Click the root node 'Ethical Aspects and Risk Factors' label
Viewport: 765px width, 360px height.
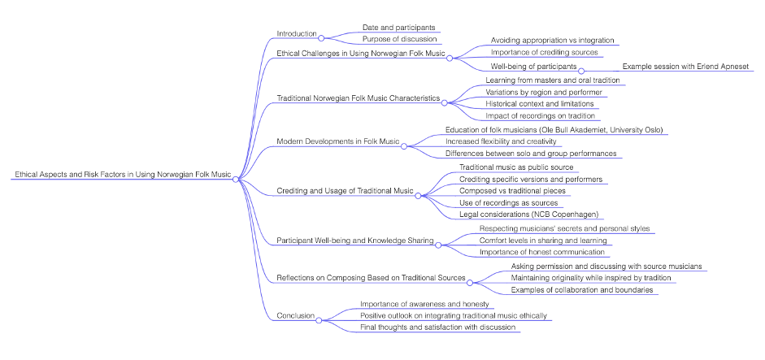pyautogui.click(x=121, y=174)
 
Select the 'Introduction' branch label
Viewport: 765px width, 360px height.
pyautogui.click(x=297, y=33)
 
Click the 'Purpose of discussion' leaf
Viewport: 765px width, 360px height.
pyautogui.click(x=400, y=39)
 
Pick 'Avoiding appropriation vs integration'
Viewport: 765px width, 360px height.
pyautogui.click(x=552, y=40)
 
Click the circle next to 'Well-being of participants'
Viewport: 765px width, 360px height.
pyautogui.click(x=581, y=71)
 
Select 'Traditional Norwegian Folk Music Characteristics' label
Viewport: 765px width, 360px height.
pyautogui.click(x=359, y=98)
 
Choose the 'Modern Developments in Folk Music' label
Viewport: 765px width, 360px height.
pyautogui.click(x=338, y=141)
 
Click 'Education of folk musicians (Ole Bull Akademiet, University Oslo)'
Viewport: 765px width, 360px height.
pyautogui.click(x=554, y=130)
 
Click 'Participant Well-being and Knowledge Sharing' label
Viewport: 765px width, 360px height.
pyautogui.click(x=354, y=241)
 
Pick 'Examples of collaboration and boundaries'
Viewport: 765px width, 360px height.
pyautogui.click(x=582, y=289)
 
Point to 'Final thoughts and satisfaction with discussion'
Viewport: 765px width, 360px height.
pyautogui.click(x=437, y=327)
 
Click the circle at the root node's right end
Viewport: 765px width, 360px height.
pyautogui.click(x=236, y=180)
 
